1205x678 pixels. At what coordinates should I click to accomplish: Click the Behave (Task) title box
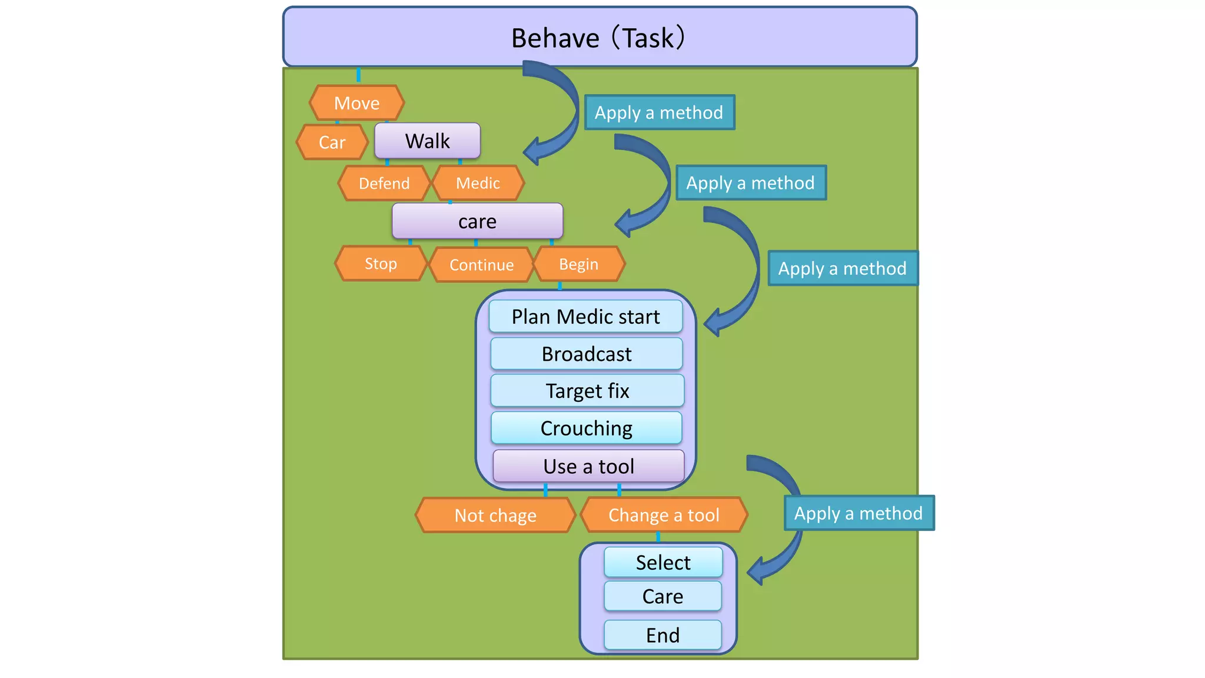tap(600, 37)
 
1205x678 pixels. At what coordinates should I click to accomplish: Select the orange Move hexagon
tap(357, 103)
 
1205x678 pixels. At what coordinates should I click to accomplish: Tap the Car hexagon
tap(332, 142)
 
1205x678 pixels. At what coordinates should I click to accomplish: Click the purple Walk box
tap(427, 141)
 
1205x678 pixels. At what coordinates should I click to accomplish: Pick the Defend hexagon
tap(384, 183)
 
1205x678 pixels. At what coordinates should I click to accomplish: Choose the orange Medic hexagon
tap(478, 183)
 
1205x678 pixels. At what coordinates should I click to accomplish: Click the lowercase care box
tap(477, 221)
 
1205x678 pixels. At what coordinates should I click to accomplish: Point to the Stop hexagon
tap(380, 264)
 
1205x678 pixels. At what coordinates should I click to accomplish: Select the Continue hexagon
tap(481, 265)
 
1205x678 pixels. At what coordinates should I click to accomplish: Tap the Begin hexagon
tap(578, 264)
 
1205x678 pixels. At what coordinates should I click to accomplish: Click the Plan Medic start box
tap(585, 317)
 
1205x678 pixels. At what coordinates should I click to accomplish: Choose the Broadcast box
tap(587, 354)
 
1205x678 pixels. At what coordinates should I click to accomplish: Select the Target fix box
tap(587, 391)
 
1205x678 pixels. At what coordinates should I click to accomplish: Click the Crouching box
tap(587, 428)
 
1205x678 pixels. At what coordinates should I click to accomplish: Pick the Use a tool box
tap(588, 466)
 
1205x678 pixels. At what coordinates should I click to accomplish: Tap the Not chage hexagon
tap(495, 516)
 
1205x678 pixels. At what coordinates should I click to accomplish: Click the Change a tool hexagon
tap(664, 515)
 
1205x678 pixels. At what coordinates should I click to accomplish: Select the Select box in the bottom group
tap(663, 563)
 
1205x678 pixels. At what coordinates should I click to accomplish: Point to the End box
tap(663, 635)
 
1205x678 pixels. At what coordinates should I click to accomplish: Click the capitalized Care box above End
tap(663, 596)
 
